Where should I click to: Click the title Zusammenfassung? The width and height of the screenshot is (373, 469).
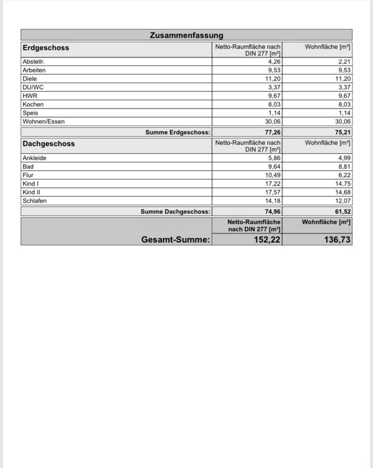(186, 35)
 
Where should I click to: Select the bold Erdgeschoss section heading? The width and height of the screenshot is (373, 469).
(46, 48)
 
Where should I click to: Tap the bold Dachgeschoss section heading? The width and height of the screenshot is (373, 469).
(49, 144)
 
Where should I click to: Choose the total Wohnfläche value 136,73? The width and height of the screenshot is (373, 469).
(337, 239)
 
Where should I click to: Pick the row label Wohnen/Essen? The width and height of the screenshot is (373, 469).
(43, 122)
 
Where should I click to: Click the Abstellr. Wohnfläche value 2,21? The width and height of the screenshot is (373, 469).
(344, 62)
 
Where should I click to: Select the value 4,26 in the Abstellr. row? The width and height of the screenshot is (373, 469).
(274, 62)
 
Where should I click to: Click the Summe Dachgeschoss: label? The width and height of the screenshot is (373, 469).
(175, 212)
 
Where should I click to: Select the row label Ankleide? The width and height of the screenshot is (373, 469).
(35, 158)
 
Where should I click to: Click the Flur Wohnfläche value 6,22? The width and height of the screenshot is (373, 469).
(344, 175)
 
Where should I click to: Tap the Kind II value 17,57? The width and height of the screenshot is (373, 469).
(272, 192)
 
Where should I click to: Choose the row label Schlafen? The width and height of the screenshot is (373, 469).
(35, 201)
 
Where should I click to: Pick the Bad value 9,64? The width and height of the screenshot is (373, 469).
(274, 167)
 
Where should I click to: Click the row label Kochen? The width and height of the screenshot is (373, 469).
(33, 105)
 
